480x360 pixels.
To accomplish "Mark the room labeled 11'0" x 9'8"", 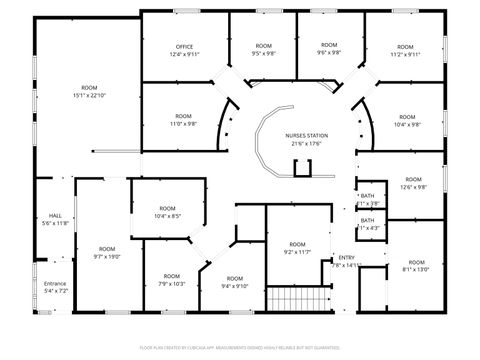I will click(183, 120).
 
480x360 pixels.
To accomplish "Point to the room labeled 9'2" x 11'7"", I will click(297, 248).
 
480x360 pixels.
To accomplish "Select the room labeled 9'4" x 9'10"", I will click(234, 281).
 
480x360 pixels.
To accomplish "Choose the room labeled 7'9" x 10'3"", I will click(172, 279).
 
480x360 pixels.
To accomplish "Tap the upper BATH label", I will click(367, 197).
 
